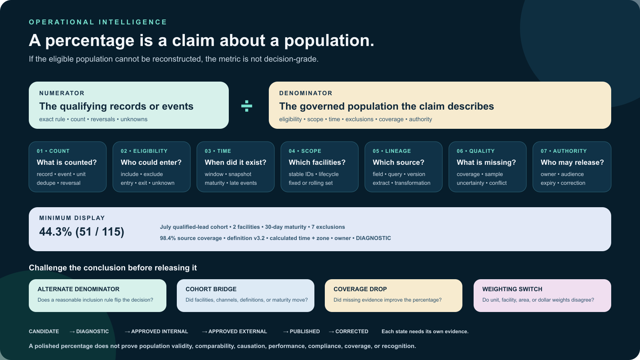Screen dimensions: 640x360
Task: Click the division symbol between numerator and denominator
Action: (246, 106)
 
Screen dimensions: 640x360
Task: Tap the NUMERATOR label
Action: (62, 93)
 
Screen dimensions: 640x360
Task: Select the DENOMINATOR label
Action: (306, 93)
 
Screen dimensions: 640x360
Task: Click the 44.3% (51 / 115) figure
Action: (82, 232)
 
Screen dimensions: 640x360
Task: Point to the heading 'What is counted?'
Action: (66, 162)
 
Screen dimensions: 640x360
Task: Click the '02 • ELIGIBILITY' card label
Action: (144, 151)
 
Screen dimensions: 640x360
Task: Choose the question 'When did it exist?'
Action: (236, 162)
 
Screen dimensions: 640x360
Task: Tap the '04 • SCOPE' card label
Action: (305, 151)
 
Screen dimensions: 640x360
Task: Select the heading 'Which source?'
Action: (398, 162)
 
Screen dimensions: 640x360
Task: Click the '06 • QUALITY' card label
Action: (476, 151)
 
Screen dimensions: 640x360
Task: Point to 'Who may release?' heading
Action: (572, 162)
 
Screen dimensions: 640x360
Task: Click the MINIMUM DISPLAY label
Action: (72, 218)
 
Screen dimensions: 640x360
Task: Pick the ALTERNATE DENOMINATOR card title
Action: (78, 289)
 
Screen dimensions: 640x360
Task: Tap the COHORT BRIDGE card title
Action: (211, 289)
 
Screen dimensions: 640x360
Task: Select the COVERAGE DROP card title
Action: (360, 289)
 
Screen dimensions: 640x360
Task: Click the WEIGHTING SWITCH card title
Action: (512, 289)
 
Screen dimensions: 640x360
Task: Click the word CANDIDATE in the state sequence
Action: (44, 332)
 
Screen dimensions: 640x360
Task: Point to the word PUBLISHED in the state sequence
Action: (304, 332)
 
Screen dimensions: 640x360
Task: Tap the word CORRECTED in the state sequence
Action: (352, 332)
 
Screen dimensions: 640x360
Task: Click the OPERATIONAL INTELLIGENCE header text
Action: (98, 22)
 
